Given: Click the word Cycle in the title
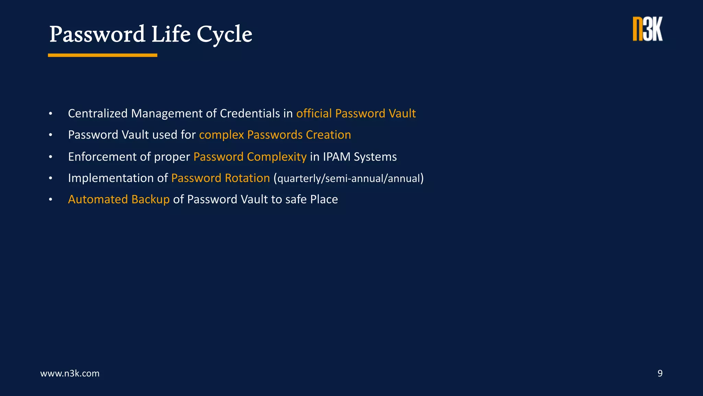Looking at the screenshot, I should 224,34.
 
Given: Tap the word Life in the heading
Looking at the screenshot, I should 171,34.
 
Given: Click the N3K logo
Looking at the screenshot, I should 648,29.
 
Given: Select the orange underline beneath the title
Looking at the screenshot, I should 102,55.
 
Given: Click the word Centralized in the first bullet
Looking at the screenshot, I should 98,113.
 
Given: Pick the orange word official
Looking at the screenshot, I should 314,113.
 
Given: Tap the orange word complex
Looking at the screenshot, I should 221,135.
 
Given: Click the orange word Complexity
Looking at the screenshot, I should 277,157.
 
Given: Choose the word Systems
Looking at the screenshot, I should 375,157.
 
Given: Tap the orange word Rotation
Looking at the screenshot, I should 247,178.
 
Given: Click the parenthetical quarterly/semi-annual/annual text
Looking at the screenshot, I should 349,178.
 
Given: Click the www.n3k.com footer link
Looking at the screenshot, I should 70,373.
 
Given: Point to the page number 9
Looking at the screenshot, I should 660,373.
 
